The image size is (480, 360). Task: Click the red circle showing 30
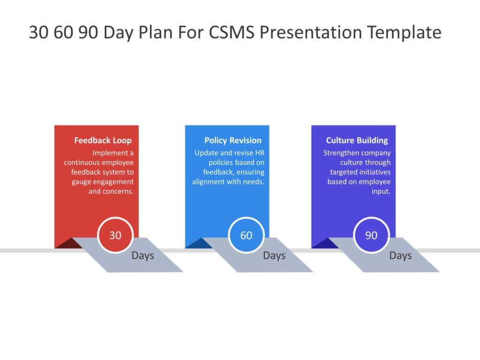115,235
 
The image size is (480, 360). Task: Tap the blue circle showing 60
246,235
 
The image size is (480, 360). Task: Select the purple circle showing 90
371,235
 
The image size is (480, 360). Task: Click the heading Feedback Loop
103,140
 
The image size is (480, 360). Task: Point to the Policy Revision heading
233,140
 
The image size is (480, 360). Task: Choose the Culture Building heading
357,140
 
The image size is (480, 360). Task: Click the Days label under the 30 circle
143,255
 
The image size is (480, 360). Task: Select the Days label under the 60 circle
274,255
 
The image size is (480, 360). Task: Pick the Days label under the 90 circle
400,255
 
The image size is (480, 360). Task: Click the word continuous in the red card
82,162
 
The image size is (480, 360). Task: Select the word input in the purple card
381,191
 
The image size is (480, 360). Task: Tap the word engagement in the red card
112,182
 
